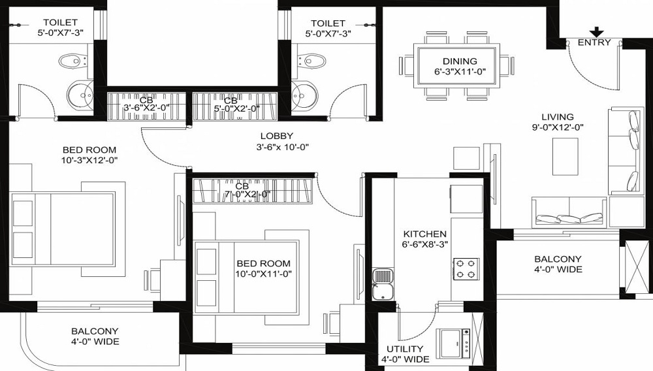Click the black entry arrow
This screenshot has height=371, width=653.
596,31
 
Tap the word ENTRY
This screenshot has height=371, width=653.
594,42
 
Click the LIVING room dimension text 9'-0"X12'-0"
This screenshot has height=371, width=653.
557,128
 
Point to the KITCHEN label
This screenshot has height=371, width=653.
424,234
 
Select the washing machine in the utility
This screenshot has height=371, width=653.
453,340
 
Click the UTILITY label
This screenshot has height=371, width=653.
404,349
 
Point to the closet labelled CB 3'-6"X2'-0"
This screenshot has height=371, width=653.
148,105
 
